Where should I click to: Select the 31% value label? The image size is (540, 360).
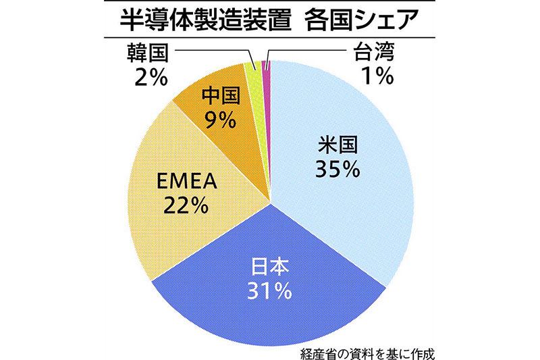coord(269,290)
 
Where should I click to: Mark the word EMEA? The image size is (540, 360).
coord(186,180)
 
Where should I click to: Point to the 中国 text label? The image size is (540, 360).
coord(222,95)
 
